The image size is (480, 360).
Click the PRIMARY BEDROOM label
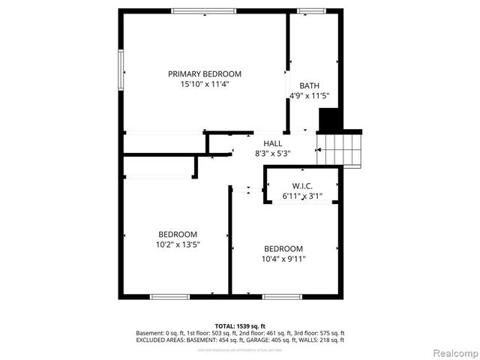[204, 73]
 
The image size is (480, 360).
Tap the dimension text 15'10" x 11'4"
[204, 85]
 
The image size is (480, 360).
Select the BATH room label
[310, 85]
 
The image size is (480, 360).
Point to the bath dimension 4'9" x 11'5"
[310, 96]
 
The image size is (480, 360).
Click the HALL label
[272, 142]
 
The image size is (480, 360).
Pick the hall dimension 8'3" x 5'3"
[272, 153]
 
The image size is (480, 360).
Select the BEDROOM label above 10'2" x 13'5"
[178, 233]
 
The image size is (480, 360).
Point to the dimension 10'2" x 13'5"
[178, 244]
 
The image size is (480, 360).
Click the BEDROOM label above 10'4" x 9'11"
[283, 249]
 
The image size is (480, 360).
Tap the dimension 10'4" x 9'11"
[283, 259]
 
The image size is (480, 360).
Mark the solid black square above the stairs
[330, 120]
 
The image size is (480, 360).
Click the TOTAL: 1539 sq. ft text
[240, 325]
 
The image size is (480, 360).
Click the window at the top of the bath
[313, 10]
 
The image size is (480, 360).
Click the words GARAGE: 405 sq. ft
[288, 340]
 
